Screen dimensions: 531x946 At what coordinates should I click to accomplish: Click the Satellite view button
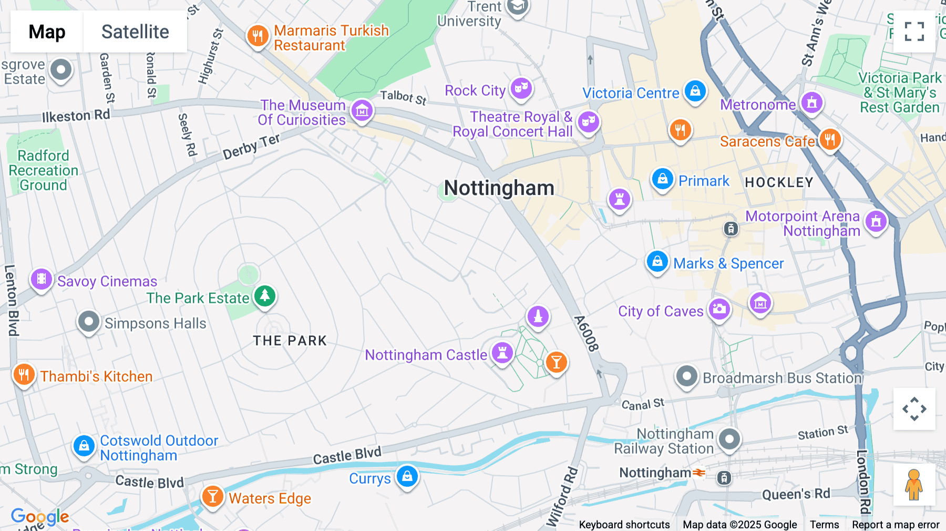pos(135,32)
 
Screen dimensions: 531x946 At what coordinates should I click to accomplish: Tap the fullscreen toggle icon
pos(914,32)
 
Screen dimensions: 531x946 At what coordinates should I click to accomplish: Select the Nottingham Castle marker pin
pos(502,353)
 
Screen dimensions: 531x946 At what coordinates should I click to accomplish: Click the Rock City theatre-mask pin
pos(521,88)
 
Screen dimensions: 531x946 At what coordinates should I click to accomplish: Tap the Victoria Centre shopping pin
pos(695,91)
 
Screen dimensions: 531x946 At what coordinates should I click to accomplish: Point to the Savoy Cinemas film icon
pos(42,279)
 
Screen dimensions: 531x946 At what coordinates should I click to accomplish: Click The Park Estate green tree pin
pos(265,296)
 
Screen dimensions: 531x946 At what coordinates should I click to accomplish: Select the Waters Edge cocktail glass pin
pos(212,496)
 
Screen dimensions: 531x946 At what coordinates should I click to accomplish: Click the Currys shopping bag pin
pos(407,476)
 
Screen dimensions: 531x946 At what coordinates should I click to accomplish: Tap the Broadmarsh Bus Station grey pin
pos(686,376)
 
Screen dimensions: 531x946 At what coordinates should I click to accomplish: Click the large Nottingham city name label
pos(499,188)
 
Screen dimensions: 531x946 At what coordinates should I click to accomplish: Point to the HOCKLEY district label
pos(779,182)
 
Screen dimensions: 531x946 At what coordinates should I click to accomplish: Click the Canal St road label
pos(643,404)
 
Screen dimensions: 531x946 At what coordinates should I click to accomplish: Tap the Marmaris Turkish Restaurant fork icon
pos(258,36)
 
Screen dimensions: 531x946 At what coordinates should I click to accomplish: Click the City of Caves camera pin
pos(719,309)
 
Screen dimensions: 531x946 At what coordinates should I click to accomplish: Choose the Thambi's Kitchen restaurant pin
pos(24,375)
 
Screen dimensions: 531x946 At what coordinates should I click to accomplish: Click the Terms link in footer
pos(824,524)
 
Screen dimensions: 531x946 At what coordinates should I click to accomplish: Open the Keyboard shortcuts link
pos(624,524)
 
